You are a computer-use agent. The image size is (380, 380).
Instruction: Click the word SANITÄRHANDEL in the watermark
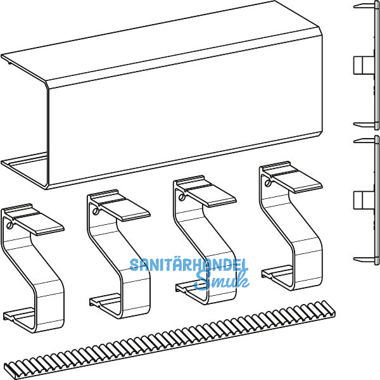189,265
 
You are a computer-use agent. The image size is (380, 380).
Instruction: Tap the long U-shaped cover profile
184,95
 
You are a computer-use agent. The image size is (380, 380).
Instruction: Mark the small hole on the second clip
94,212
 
